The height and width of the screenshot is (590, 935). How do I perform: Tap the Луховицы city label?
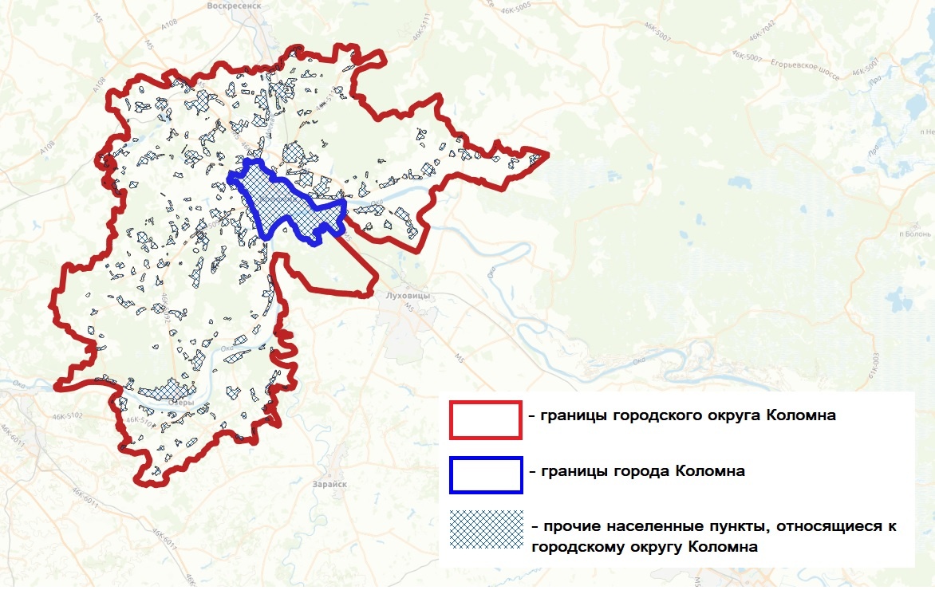(x=407, y=296)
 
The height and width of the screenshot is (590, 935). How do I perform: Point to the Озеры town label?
(x=181, y=403)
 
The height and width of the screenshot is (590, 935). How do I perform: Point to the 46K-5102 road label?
(x=67, y=416)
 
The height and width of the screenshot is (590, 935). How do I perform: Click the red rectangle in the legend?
(x=485, y=420)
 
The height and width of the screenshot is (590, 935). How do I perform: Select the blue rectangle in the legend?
(x=485, y=474)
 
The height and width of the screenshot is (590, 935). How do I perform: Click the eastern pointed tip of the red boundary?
(x=546, y=153)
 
